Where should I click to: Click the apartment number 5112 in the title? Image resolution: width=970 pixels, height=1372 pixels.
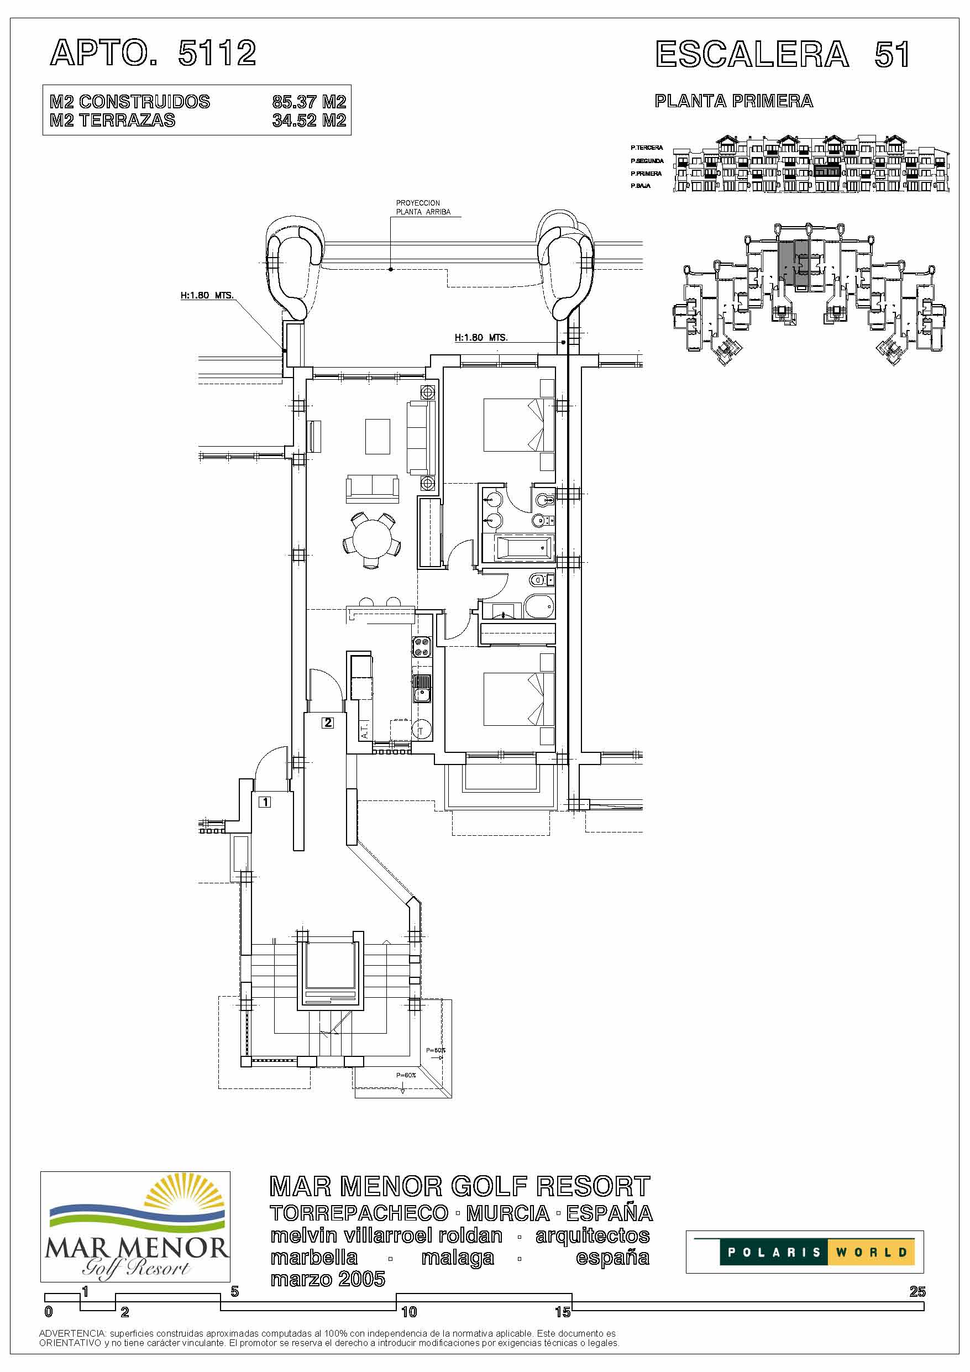218,53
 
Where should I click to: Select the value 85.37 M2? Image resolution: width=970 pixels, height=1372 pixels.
309,102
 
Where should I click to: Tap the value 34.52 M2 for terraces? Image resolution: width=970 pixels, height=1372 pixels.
309,120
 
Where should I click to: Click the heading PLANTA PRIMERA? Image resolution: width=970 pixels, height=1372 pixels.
734,101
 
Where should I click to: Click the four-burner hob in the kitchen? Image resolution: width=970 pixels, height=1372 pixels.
422,647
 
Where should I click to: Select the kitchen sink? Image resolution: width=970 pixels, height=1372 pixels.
422,687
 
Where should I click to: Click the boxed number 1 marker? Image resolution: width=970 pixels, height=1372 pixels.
265,802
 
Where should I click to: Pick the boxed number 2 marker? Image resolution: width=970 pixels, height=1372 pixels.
328,722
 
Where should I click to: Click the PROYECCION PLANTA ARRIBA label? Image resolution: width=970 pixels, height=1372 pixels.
423,207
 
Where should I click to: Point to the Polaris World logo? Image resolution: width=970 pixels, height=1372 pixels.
804,1252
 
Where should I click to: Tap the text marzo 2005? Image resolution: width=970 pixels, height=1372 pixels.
328,1279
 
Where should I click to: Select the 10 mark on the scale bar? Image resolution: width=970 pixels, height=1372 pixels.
409,1312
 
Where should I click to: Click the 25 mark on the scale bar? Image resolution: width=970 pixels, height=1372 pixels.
917,1291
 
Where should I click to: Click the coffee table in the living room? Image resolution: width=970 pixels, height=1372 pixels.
377,436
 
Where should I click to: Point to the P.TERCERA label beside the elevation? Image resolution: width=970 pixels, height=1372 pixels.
647,148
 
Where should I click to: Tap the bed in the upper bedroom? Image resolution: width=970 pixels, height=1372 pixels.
513,425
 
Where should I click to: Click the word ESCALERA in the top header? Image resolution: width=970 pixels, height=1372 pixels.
752,54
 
